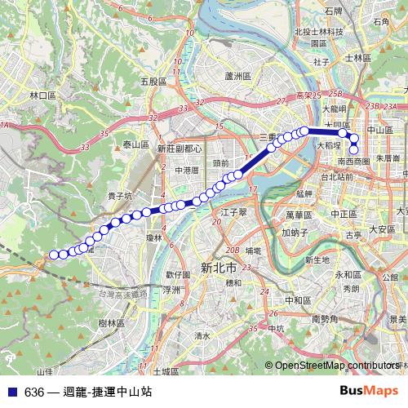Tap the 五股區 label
[x=153, y=82]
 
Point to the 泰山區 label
[x=135, y=144]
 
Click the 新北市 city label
[x=218, y=268]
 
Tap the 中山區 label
[x=380, y=130]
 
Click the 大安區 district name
[x=381, y=229]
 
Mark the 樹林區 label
[x=110, y=323]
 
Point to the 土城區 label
[x=166, y=371]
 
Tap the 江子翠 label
[x=233, y=211]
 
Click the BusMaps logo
[x=369, y=391]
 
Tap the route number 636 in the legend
[x=34, y=392]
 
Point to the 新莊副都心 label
[x=180, y=149]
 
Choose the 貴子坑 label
[x=119, y=197]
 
